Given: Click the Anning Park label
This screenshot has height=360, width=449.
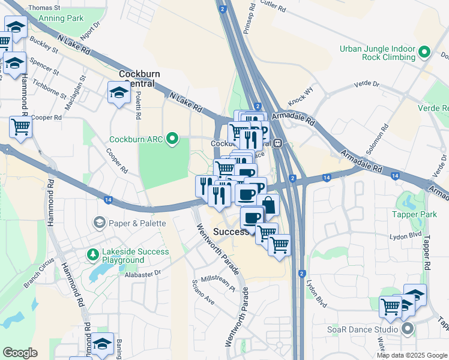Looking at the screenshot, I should coord(61,19).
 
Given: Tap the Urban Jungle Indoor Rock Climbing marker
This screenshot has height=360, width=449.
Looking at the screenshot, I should coord(424,53).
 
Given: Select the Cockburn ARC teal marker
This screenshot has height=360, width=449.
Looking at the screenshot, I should coord(173,139).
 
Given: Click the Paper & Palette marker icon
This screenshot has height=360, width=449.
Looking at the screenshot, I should coord(98,223).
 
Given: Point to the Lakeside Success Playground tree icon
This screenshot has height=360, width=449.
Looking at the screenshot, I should coord(92,256).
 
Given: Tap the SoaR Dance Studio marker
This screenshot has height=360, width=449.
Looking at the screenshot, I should coord(408,329).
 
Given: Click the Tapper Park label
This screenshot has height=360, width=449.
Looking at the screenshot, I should coord(413,214).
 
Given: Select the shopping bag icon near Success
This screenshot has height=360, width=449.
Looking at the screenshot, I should coord(268,205).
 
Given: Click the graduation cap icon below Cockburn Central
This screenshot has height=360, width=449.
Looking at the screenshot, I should coord(119,92).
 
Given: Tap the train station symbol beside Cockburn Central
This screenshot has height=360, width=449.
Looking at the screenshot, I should coord(278,143).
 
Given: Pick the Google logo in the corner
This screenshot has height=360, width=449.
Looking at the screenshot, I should coord(20,353).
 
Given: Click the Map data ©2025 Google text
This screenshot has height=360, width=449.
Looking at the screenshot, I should coord(412,355).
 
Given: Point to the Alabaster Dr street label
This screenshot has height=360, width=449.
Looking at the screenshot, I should coord(144,272).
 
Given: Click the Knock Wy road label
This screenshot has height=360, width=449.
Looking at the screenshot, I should coord(301,94).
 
